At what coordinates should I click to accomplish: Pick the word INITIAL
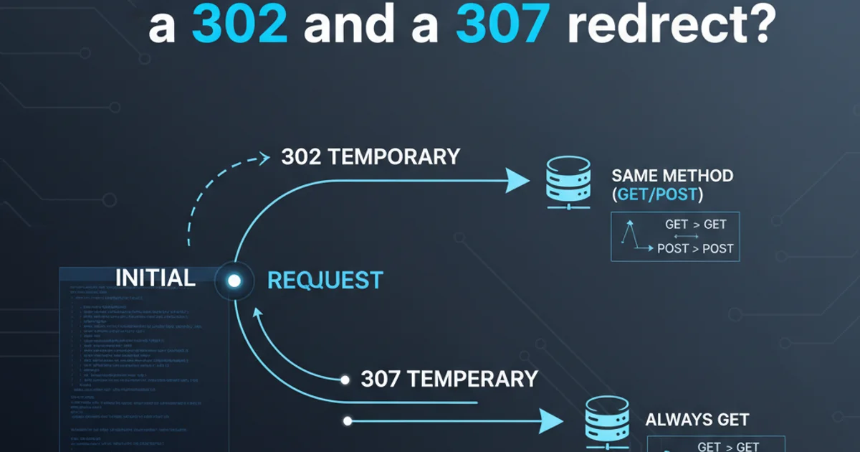click(156, 278)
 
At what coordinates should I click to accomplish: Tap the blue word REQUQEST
click(325, 281)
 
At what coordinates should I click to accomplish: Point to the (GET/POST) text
click(657, 196)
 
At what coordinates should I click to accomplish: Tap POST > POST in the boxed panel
click(695, 248)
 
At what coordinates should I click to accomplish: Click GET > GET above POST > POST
click(695, 225)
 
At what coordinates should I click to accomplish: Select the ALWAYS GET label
click(697, 420)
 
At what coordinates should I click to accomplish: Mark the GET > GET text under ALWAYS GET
click(727, 446)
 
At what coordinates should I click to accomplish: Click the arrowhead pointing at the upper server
click(517, 180)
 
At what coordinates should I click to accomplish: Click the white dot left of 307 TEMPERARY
click(345, 379)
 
